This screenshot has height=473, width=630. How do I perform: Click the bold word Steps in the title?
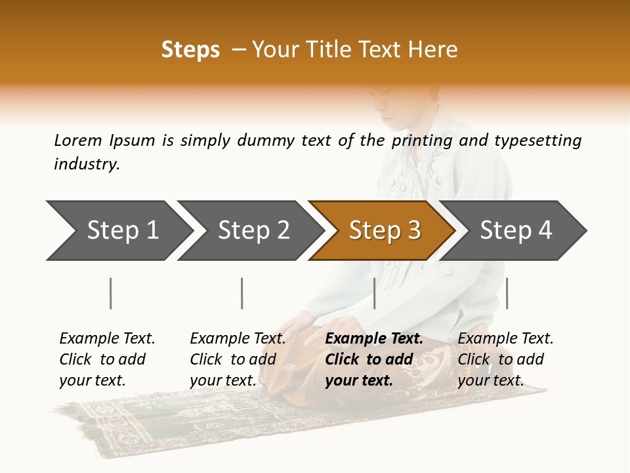pos(190,50)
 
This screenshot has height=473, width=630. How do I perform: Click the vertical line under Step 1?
pos(111,293)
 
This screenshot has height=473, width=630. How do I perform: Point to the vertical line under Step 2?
pos(242,293)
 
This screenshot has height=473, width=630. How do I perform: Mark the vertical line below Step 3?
pos(374,293)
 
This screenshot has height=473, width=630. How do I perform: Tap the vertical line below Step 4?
pos(507,293)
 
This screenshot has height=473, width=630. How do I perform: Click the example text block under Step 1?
pos(107,359)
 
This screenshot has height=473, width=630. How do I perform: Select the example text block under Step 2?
pos(238,359)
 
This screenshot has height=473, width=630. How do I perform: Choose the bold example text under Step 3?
pos(374,359)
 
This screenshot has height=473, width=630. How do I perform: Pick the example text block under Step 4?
pos(505,359)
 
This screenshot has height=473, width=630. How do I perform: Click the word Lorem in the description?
pos(78,141)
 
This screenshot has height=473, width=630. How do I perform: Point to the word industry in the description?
pos(87,164)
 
